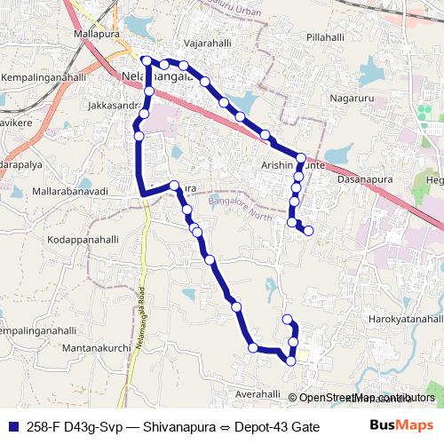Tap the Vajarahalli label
[206, 42]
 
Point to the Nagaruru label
[353, 97]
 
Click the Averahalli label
[258, 393]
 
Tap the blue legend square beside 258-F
[11, 425]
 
